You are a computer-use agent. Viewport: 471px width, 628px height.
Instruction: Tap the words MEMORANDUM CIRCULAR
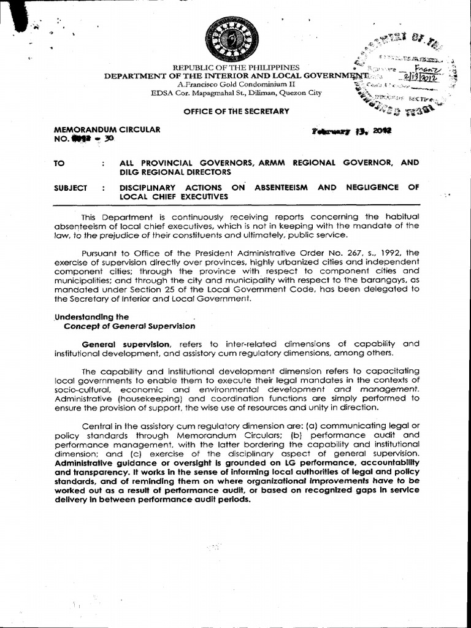point(107,129)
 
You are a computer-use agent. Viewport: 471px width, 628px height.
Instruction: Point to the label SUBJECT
point(71,188)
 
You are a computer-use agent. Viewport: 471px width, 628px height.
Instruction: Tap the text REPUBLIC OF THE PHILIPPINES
point(235,67)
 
